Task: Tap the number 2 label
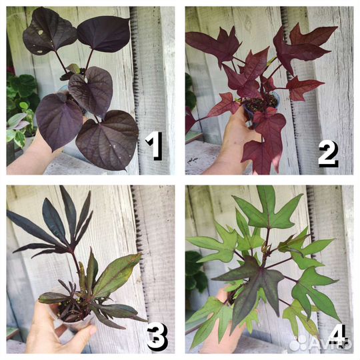328,153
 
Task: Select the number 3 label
157,336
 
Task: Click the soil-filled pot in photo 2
262,106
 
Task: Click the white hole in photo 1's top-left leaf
41,33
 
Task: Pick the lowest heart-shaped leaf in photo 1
107,140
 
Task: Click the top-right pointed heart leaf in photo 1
104,34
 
